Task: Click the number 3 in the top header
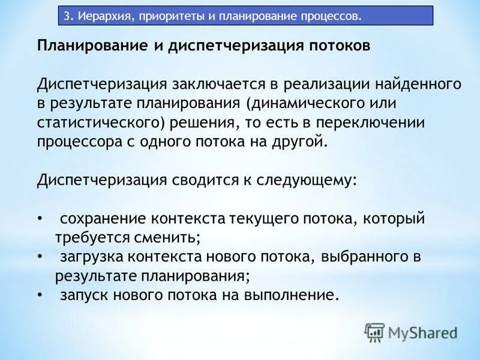click(x=67, y=16)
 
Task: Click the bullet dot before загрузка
click(x=40, y=257)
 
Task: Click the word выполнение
click(x=292, y=296)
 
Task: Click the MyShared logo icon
click(x=374, y=331)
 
